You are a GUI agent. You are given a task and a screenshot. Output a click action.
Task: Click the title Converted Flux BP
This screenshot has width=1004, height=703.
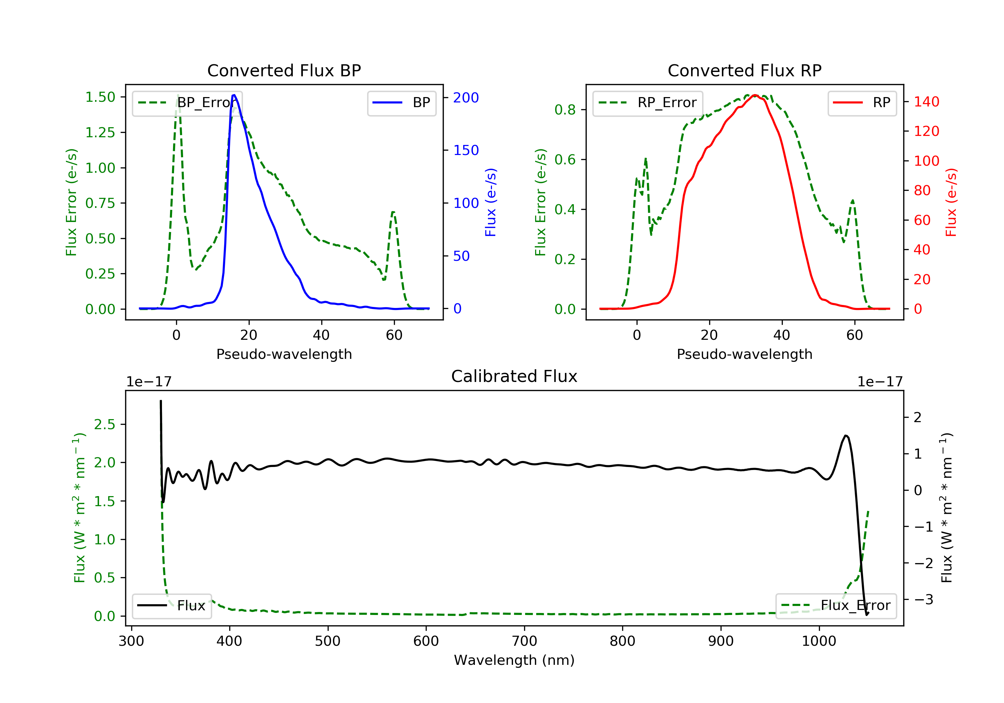[284, 70]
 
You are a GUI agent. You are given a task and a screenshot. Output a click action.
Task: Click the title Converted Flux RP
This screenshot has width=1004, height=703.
[744, 70]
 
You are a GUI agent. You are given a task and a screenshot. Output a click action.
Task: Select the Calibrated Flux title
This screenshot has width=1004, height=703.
[514, 376]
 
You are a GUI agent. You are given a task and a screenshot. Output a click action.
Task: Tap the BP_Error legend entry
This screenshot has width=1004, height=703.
[187, 103]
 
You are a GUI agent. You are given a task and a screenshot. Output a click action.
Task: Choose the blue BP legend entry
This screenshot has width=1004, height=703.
[401, 103]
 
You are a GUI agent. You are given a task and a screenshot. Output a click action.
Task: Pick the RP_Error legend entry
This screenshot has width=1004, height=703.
[647, 103]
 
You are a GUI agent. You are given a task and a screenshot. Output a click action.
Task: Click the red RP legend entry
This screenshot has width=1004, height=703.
[862, 103]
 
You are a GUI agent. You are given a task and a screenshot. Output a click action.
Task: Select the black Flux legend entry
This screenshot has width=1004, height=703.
[171, 606]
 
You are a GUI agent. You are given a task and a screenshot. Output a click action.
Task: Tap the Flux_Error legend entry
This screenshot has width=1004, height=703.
[836, 606]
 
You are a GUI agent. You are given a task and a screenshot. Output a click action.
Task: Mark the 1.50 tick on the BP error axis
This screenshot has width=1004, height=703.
[100, 97]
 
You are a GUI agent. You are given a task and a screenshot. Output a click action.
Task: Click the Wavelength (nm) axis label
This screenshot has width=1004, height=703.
[514, 660]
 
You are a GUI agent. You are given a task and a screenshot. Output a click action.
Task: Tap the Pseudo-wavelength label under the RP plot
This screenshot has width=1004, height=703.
[744, 354]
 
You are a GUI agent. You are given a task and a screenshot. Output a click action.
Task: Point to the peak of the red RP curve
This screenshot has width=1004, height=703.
[755, 95]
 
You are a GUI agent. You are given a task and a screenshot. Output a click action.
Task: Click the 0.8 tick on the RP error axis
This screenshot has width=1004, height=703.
[565, 110]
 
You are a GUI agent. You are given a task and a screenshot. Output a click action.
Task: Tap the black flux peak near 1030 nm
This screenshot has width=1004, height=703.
[846, 436]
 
